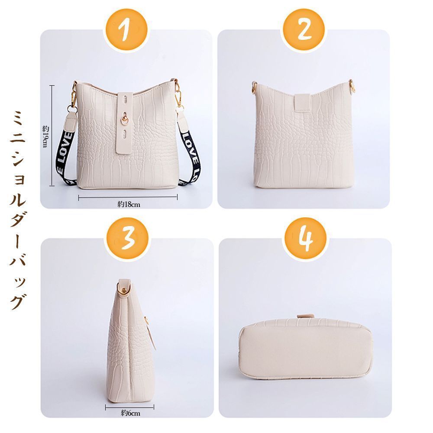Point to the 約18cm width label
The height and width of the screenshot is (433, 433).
pos(129,204)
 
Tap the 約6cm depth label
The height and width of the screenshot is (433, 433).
pos(130,413)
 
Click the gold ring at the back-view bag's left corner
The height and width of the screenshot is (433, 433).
pos(254,89)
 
